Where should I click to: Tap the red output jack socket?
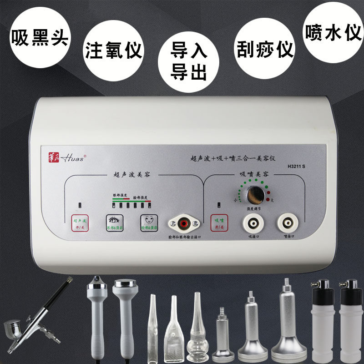click(184, 223)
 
